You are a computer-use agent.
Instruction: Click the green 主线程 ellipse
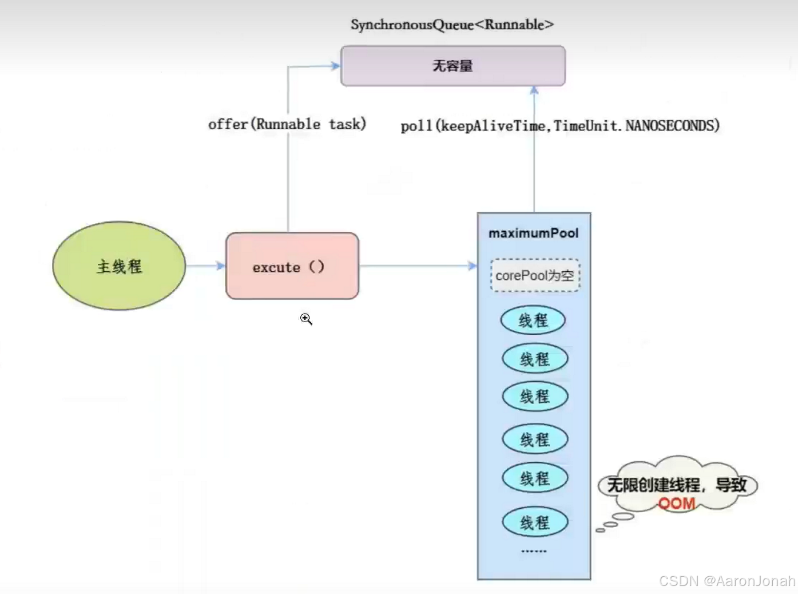point(119,266)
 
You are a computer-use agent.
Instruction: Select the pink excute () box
point(292,266)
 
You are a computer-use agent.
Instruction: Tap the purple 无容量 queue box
point(452,66)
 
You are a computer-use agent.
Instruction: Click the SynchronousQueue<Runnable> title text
point(452,25)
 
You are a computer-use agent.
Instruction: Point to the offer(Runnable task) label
point(287,124)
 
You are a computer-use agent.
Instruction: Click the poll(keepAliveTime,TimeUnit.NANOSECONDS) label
point(559,126)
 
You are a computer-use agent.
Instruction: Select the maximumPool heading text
point(533,233)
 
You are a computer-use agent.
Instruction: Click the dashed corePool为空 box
point(535,275)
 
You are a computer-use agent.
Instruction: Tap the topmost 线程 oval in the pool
point(533,320)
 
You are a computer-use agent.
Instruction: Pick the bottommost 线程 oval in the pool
point(534,522)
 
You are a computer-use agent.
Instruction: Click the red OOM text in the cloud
point(676,504)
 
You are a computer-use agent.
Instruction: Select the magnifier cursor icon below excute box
point(305,319)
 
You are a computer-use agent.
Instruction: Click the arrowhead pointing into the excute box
point(221,266)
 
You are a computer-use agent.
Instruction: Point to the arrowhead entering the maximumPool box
point(472,266)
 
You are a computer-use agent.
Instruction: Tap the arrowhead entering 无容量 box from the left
point(335,66)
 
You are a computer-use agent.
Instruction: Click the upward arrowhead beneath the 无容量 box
point(534,90)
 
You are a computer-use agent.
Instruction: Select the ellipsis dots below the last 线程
point(534,551)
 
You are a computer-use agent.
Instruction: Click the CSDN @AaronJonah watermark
point(726,581)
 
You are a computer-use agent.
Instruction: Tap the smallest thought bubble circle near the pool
point(600,530)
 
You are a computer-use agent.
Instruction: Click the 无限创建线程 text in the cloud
point(653,485)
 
